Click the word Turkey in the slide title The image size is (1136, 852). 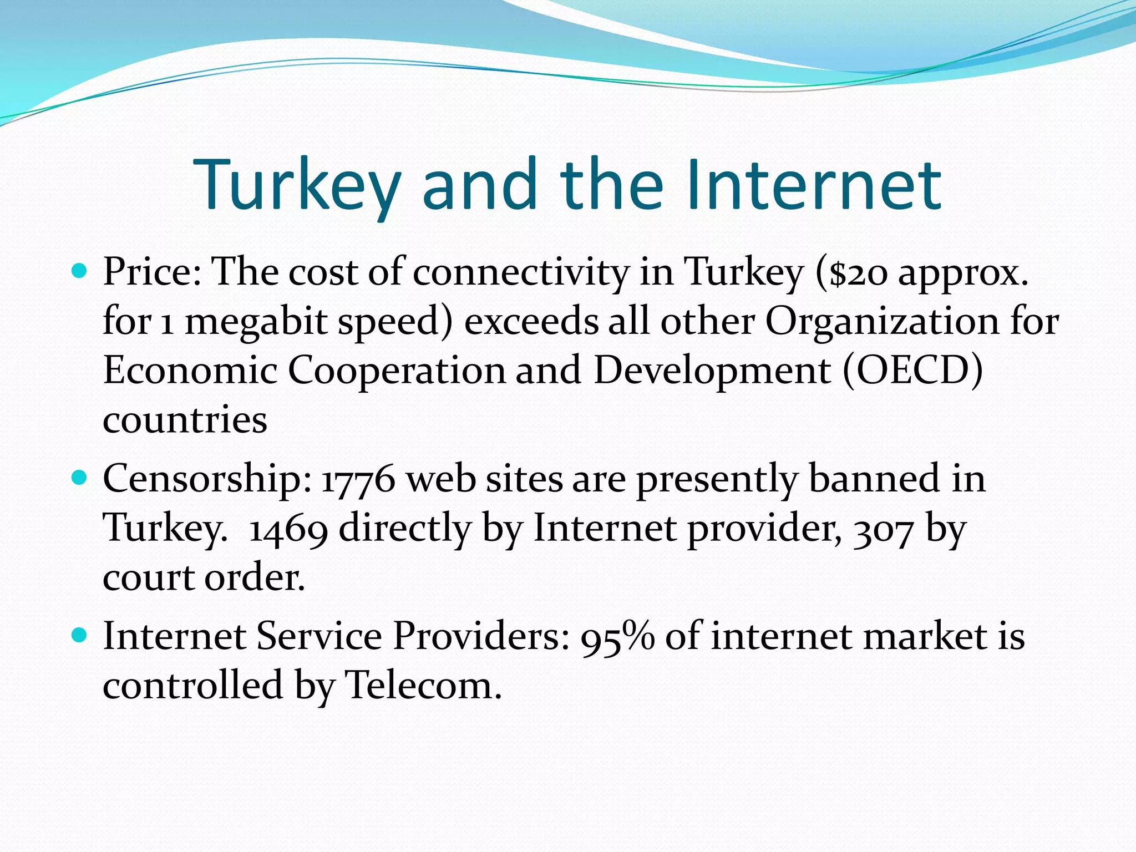(x=297, y=186)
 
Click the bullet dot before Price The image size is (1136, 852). (x=80, y=271)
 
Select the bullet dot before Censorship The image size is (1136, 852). (x=80, y=478)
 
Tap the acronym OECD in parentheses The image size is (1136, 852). (x=912, y=371)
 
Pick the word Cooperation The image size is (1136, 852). (x=397, y=371)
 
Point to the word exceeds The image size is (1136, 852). (x=531, y=322)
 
